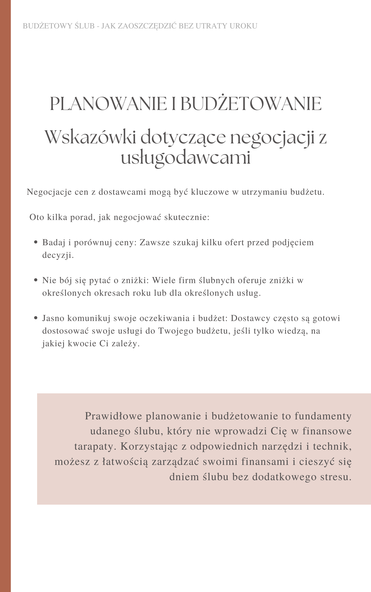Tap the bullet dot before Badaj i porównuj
(x=36, y=242)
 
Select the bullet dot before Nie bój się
(x=36, y=280)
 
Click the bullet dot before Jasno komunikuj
(x=36, y=318)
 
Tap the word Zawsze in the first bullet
(x=155, y=242)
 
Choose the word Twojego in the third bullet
(x=176, y=331)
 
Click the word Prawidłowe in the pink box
(x=113, y=416)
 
